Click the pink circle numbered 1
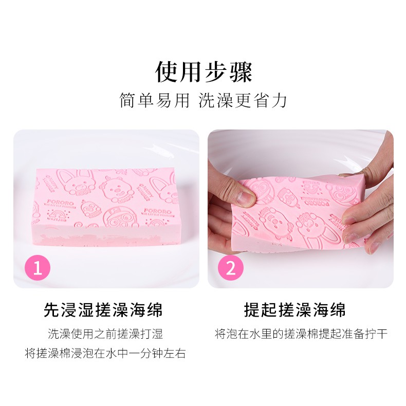[38, 268]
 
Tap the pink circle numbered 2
[231, 268]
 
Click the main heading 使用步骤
[204, 72]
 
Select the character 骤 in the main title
[240, 72]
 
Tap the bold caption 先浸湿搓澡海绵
[103, 310]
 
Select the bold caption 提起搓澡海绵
[294, 310]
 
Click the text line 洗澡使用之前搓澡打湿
[105, 334]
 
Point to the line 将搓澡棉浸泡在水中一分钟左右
[105, 354]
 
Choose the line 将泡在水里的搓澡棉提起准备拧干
[301, 334]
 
